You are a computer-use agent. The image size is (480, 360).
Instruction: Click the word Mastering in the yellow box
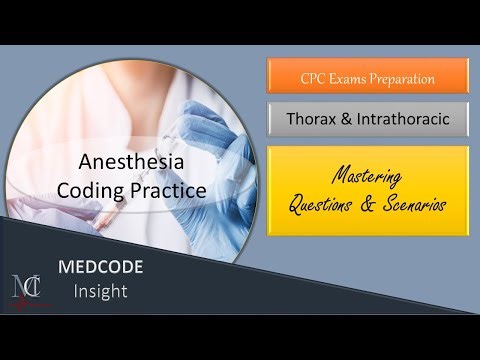pos(366,176)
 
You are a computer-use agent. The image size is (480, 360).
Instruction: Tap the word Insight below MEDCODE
pos(98,291)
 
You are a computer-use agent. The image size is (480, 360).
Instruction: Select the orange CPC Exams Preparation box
pos(367,76)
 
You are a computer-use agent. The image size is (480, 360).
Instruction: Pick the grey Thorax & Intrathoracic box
pos(367,120)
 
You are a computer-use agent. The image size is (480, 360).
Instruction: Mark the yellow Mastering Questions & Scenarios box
pos(367,190)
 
